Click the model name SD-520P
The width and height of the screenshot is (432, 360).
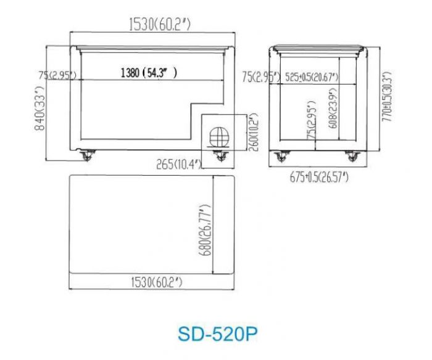[216, 333]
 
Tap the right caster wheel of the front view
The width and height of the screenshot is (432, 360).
[218, 155]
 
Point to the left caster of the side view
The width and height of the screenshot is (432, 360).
[279, 155]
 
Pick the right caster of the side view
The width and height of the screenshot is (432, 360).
[352, 155]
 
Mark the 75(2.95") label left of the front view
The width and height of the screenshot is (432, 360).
[57, 75]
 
